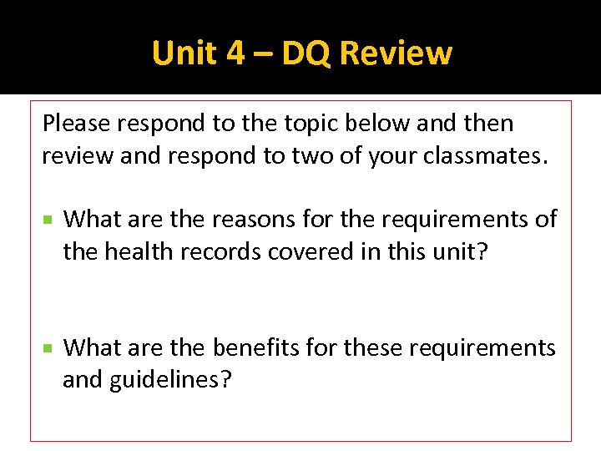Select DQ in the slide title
(x=306, y=53)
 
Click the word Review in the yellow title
(x=396, y=53)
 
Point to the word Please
(x=76, y=124)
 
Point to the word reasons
(x=252, y=219)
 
